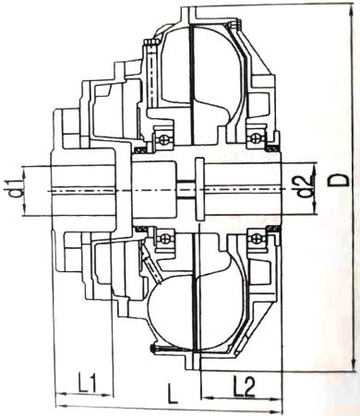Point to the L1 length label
click(x=88, y=378)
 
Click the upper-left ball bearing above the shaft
click(x=163, y=137)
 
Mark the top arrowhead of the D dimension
click(x=326, y=7)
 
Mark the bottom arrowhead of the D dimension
click(x=326, y=369)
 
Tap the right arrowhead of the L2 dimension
click(x=282, y=398)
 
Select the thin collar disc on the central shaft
click(x=199, y=188)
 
